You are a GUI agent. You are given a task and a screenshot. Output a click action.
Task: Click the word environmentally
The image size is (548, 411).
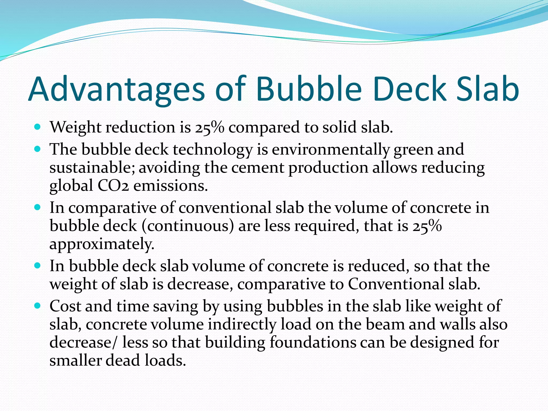pos(330,150)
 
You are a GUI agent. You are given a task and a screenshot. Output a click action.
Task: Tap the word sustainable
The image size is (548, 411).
pos(92,168)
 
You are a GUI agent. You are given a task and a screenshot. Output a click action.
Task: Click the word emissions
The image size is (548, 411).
pos(170,186)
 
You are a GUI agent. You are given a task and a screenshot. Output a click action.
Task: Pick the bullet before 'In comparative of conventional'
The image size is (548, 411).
pos(37,207)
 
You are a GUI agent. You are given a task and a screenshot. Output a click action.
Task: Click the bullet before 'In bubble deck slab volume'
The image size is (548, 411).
pos(37,266)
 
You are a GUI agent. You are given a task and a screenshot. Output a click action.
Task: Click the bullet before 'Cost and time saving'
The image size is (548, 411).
pos(37,305)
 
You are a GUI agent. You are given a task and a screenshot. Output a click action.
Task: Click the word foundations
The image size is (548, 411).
pos(313,342)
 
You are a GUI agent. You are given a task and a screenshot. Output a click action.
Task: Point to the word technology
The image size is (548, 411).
pos(213,150)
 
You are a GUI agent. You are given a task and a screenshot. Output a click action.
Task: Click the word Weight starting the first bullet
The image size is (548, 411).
pos(76,127)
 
